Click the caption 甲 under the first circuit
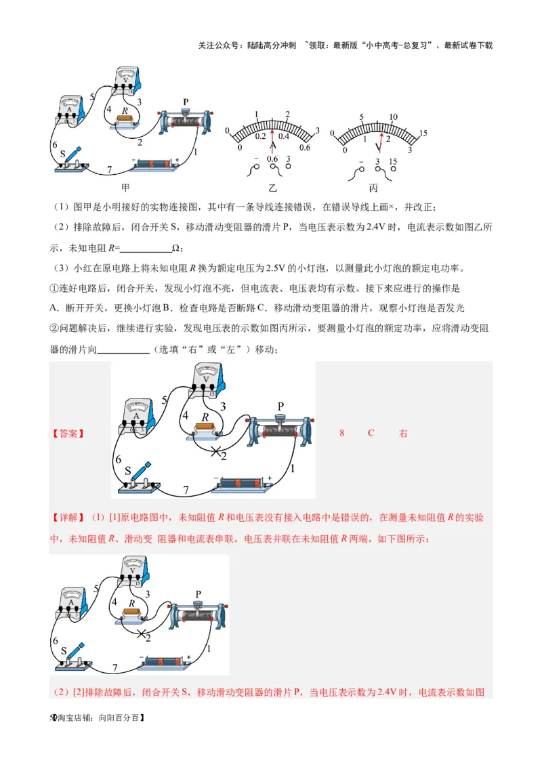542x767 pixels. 125,188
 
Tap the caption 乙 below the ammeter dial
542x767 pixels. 272,188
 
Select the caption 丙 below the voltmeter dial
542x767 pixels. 373,188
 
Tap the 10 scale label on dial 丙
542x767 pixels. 394,117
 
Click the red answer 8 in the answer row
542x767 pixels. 342,433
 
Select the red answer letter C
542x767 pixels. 371,433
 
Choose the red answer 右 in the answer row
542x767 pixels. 403,433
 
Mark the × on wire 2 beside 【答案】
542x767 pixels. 216,451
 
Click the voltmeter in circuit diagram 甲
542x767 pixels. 127,80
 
